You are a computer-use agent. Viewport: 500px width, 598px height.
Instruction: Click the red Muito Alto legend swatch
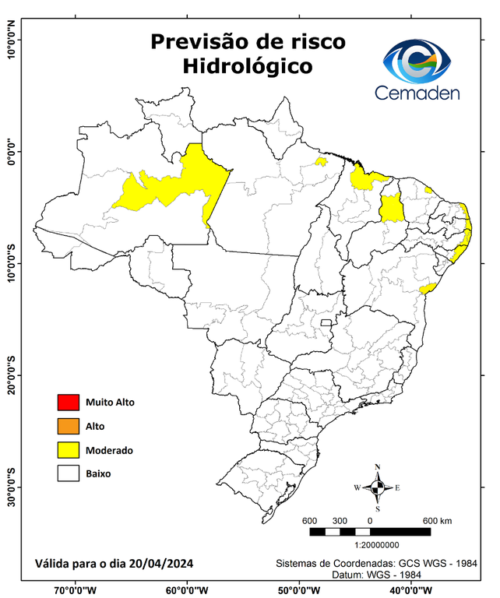(x=68, y=403)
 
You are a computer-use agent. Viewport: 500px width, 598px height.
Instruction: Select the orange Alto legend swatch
(x=68, y=426)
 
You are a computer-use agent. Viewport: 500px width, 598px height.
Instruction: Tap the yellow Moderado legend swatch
(x=68, y=450)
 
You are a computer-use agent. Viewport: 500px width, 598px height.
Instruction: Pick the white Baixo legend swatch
(x=68, y=473)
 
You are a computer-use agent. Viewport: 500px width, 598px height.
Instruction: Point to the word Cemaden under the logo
(x=417, y=93)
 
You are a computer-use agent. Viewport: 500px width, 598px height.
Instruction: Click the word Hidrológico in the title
(x=248, y=67)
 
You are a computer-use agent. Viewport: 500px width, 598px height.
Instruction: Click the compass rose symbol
(x=378, y=488)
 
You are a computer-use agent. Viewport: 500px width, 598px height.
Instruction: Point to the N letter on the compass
(x=378, y=468)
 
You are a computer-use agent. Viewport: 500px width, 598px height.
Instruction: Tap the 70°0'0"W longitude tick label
(x=75, y=589)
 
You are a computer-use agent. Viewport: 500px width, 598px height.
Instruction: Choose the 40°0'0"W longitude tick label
(x=407, y=589)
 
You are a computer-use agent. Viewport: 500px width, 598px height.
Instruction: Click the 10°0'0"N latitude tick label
(x=12, y=40)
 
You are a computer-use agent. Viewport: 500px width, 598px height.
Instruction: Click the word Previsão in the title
(x=194, y=40)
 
